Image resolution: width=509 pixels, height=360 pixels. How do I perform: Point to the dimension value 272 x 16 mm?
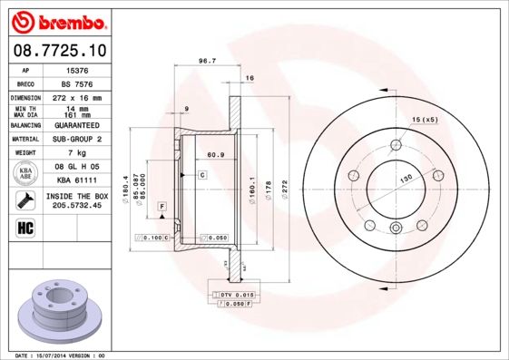(77, 96)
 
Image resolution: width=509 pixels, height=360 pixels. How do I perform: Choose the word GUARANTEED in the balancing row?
(77, 125)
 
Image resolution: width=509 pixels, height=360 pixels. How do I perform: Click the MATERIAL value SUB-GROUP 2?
(77, 139)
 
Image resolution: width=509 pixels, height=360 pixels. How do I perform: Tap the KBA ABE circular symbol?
(27, 174)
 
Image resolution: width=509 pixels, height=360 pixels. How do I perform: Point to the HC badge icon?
(26, 227)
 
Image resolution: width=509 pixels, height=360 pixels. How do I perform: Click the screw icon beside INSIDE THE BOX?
(27, 200)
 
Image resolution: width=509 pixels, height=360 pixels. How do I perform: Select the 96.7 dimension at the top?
(206, 63)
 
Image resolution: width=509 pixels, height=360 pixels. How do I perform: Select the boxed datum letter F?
(161, 208)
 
